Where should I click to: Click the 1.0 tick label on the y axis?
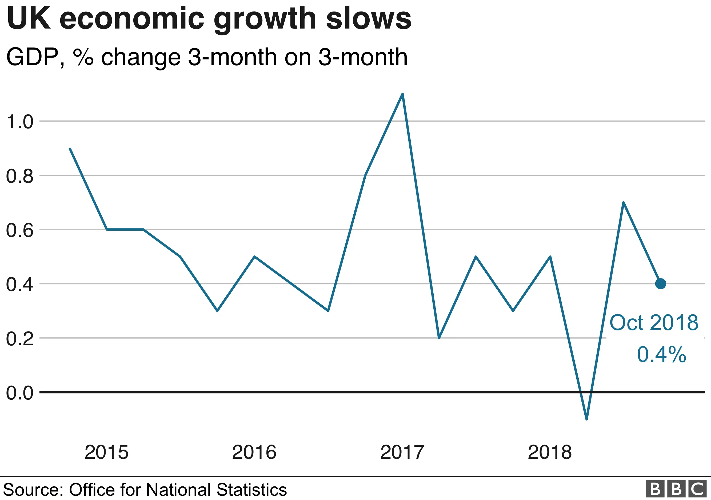pos(19,122)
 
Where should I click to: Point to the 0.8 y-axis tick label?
pos(19,176)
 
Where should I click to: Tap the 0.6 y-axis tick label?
pos(19,230)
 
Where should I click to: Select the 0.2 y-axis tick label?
pos(19,339)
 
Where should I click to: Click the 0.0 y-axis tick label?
pos(19,393)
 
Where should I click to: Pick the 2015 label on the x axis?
pos(106,452)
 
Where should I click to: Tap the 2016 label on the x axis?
pos(254,452)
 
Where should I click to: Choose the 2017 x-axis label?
pos(402,452)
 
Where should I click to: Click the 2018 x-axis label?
pos(550,452)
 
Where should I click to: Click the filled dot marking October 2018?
pos(661,283)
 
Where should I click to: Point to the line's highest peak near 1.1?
pos(402,94)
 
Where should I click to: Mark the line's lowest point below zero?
pos(586,419)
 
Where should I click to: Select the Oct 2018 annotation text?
pos(654,323)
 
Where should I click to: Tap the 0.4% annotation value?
pos(661,354)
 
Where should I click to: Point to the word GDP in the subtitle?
pos(32,57)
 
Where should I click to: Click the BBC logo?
pos(676,489)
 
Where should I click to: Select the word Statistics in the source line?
pos(251,490)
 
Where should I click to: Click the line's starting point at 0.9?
pos(70,149)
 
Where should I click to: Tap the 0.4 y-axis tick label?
pos(19,285)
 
